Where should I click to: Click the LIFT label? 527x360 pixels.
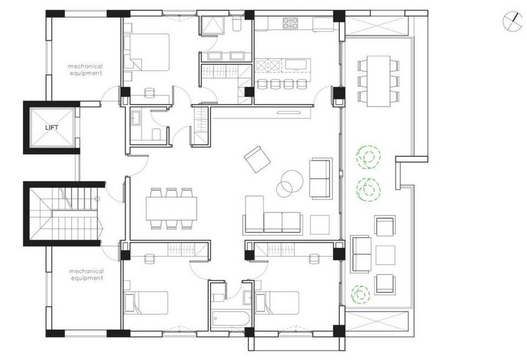[x=52, y=128]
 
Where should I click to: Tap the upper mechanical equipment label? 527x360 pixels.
[x=85, y=69]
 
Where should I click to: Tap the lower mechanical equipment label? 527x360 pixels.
[x=86, y=275]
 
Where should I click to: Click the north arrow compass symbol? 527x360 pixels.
[x=513, y=21]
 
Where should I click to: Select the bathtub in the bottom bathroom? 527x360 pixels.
[x=231, y=318]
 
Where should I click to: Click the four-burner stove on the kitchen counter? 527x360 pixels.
[x=290, y=23]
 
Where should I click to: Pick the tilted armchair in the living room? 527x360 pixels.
[x=257, y=159]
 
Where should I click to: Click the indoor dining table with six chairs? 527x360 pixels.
[x=171, y=208]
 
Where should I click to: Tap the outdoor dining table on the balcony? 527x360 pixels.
[x=378, y=81]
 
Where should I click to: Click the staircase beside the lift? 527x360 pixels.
[x=64, y=214]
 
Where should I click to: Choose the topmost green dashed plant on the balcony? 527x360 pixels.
[x=369, y=156]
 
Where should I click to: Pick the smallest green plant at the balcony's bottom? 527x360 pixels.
[x=361, y=294]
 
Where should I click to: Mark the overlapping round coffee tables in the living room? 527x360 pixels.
[x=288, y=183]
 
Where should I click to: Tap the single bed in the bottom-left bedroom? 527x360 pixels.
[x=146, y=302]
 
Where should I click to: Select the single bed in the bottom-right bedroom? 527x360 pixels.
[x=277, y=302]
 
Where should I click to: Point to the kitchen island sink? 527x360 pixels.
[x=296, y=64]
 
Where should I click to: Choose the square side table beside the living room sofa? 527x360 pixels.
[x=319, y=225]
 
